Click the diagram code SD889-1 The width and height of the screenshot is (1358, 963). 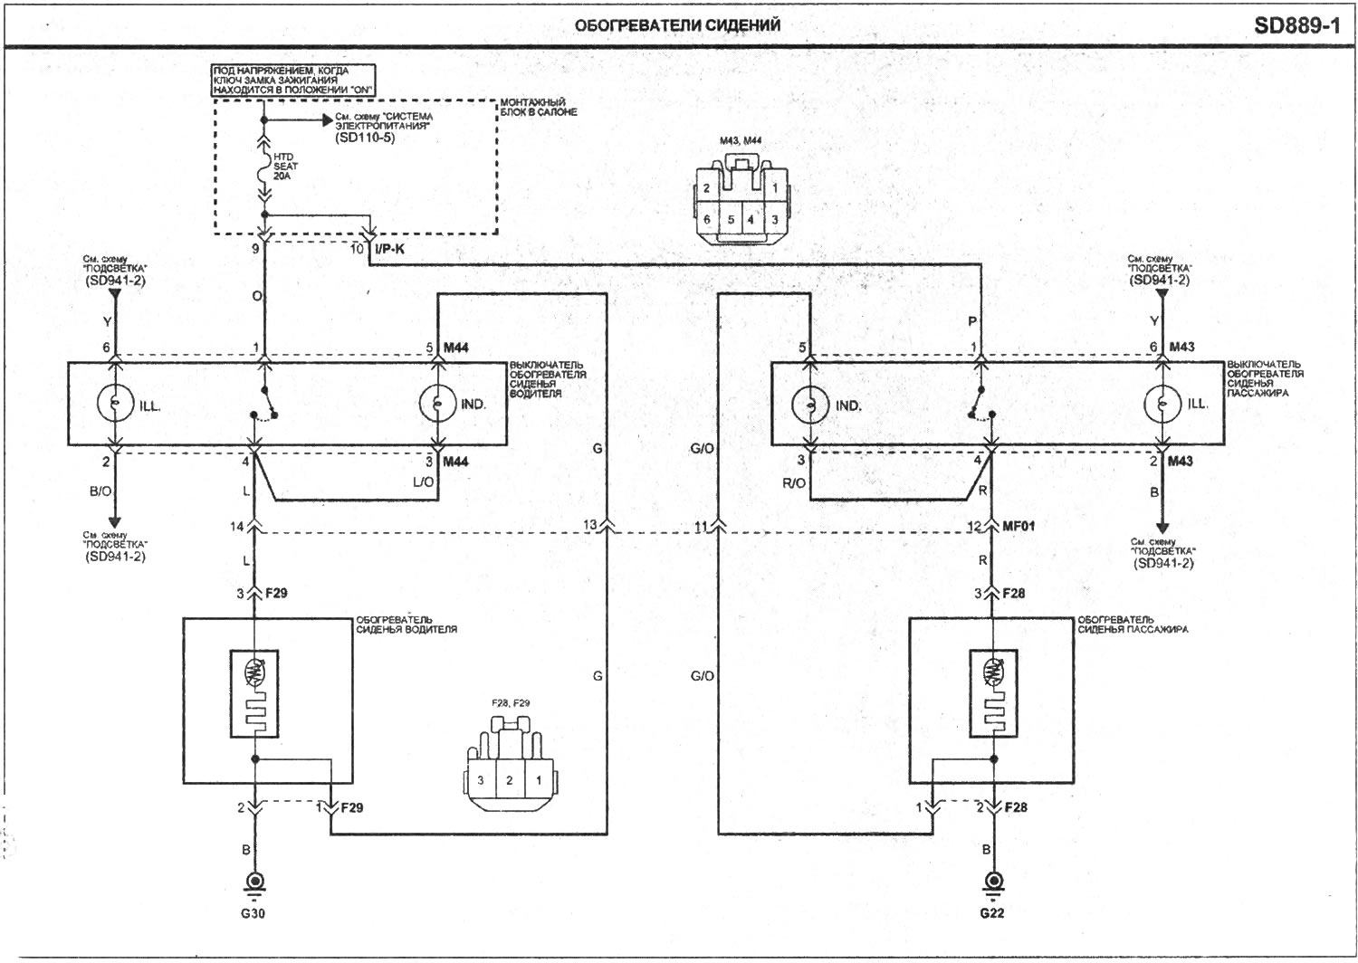point(1296,25)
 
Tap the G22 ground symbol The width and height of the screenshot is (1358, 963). point(993,883)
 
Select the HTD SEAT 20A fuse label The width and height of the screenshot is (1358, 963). point(285,167)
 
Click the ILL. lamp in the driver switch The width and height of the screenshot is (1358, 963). point(115,403)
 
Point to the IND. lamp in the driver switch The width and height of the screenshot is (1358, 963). point(437,403)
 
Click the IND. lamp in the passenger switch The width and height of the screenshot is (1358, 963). point(810,405)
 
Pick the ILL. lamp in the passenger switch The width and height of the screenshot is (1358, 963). point(1162,404)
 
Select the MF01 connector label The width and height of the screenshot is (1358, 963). point(1018,526)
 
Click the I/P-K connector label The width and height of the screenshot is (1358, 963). point(390,249)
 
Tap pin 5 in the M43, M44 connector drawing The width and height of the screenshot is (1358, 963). point(731,219)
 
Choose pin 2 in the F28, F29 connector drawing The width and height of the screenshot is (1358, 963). point(509,780)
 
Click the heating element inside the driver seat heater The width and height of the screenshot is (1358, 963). point(254,694)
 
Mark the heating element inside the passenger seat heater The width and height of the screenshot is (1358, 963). point(993,694)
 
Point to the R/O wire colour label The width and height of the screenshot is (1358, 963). point(794,483)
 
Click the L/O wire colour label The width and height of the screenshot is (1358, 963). point(423,481)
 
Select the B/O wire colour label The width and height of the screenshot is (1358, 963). point(100,491)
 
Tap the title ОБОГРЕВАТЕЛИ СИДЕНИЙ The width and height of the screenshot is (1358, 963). point(677,25)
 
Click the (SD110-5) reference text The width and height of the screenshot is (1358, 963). point(365,138)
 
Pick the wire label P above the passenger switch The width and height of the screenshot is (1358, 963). point(972,322)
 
